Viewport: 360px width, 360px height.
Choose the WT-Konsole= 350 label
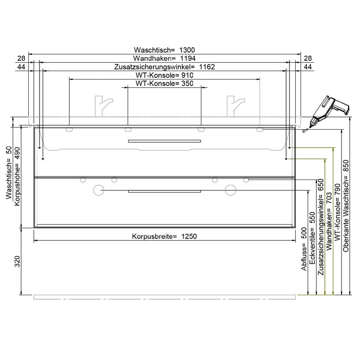click(x=164, y=84)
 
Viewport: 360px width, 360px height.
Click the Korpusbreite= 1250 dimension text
click(x=164, y=236)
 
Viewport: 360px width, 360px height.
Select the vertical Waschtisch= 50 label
click(x=9, y=173)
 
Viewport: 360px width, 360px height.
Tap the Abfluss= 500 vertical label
click(x=304, y=250)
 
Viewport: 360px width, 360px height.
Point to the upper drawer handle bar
click(x=164, y=141)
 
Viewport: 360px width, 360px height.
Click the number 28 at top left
click(x=21, y=58)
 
